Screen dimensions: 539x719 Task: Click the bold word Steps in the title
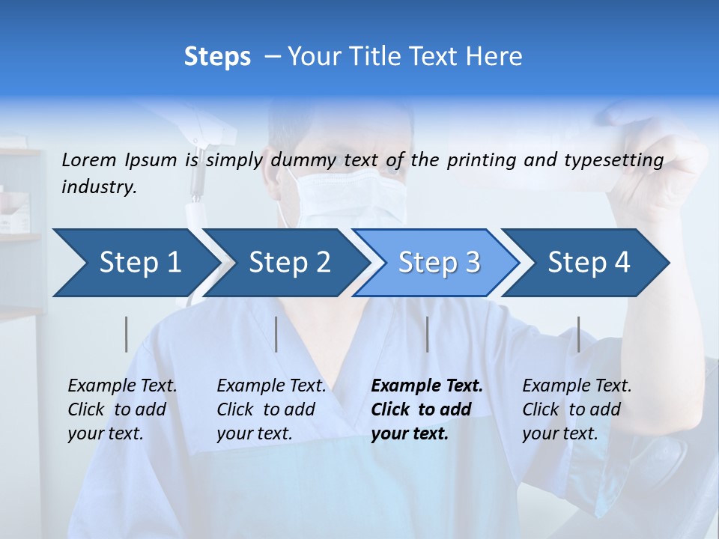coord(217,56)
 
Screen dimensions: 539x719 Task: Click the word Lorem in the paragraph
coord(88,159)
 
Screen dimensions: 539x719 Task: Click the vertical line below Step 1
coord(127,334)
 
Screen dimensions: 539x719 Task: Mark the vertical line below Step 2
coord(276,334)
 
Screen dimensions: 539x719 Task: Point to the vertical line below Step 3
coord(427,334)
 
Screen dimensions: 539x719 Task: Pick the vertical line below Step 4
coord(578,334)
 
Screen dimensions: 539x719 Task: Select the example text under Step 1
coord(122,409)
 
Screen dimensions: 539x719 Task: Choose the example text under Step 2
coord(271,409)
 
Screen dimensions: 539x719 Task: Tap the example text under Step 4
coord(577,409)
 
